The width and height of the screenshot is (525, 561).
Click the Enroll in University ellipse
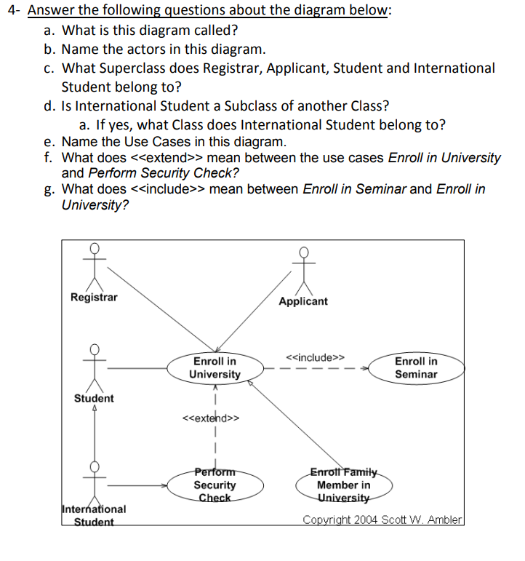pos(215,367)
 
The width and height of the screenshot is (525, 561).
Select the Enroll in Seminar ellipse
pos(416,367)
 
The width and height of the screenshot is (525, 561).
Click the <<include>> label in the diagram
pos(316,357)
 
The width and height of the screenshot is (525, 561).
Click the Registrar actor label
pos(94,297)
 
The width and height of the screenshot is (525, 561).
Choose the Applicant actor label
pos(303,301)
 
